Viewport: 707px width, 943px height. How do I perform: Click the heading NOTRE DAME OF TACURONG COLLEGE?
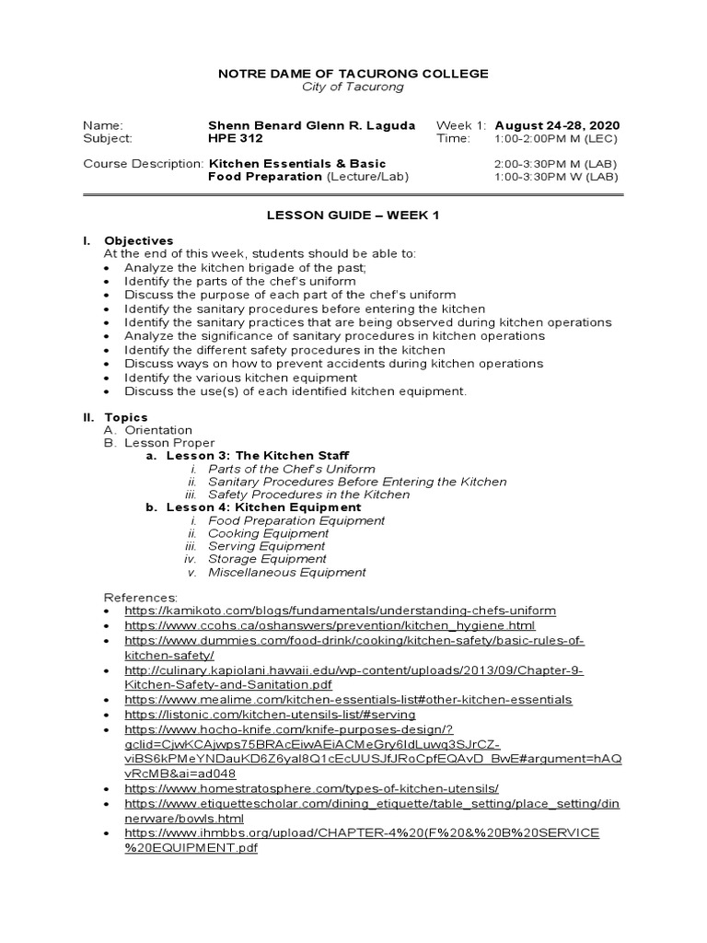353,74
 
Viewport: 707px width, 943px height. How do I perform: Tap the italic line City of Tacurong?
353,87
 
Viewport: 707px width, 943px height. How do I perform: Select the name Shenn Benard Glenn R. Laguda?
312,125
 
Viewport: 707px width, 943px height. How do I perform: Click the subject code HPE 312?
237,138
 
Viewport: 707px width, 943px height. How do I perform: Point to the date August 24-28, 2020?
557,125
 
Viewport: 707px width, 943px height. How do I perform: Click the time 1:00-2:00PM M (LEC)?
556,138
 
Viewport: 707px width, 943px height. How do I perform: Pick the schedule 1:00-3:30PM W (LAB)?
556,176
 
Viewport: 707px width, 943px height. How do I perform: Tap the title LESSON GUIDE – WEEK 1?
353,215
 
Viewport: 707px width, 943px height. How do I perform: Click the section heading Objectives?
138,240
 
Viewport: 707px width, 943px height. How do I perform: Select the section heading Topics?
125,417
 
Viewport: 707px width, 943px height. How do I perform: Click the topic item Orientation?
158,430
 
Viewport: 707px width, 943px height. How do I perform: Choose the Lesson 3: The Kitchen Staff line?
258,456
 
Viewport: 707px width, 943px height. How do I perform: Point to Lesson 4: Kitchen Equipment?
263,507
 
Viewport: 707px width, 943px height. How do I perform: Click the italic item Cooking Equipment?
268,533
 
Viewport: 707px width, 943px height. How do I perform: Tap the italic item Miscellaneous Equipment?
286,572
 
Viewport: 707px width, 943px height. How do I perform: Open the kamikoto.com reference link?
340,611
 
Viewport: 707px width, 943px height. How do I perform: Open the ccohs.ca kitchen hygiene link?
329,625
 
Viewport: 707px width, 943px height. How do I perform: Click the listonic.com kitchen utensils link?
270,714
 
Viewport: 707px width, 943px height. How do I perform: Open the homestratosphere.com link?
311,789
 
